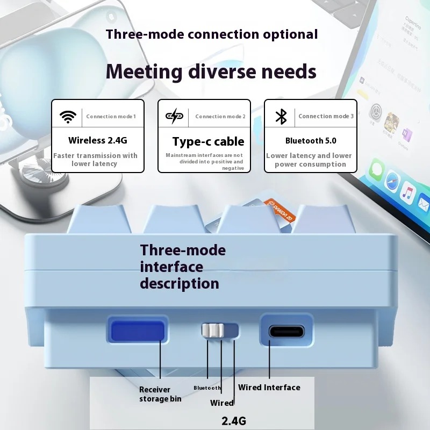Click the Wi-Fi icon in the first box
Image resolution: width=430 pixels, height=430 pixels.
[68, 116]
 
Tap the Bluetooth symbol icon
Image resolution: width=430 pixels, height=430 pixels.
[281, 116]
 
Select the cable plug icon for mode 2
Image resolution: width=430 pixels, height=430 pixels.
[174, 116]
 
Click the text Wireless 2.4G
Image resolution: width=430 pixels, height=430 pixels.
[97, 141]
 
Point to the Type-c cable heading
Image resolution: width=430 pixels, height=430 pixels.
[208, 142]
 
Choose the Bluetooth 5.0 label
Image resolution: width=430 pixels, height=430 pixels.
[311, 141]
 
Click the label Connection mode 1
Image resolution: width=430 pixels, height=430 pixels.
[111, 117]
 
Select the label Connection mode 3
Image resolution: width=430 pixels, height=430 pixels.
[326, 117]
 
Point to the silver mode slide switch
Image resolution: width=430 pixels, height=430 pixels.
[213, 331]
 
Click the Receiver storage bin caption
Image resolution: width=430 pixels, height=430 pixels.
[160, 394]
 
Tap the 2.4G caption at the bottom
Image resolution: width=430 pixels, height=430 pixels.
[234, 421]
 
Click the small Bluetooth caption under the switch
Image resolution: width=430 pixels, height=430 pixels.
[207, 388]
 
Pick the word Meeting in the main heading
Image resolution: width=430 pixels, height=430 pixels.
[145, 71]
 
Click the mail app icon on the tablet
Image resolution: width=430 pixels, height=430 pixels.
[424, 204]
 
